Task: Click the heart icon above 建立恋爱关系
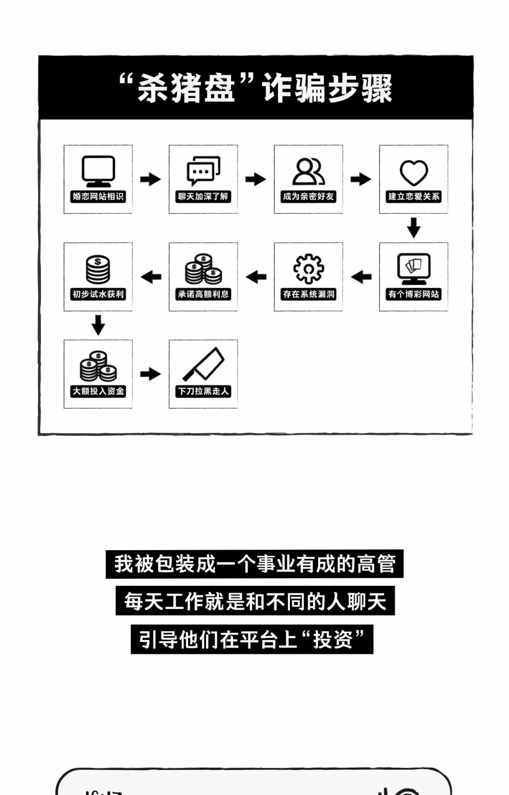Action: click(x=413, y=172)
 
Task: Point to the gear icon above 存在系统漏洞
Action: click(x=308, y=269)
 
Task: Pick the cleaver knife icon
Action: click(x=204, y=365)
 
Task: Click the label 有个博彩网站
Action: click(x=413, y=294)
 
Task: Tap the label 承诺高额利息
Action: click(x=203, y=294)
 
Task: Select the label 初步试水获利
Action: click(x=98, y=294)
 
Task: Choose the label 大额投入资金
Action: click(x=98, y=391)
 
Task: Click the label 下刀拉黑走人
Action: click(x=203, y=391)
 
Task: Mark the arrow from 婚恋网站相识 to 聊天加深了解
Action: click(x=150, y=179)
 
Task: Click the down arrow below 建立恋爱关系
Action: click(x=413, y=228)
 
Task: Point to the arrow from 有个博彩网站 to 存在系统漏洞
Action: click(x=361, y=276)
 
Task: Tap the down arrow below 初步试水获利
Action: click(x=98, y=325)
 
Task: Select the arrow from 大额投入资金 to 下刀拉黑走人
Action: click(x=150, y=374)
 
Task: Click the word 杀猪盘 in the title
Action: click(x=187, y=88)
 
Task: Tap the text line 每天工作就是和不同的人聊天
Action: click(x=255, y=601)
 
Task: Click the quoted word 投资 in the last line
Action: click(x=333, y=640)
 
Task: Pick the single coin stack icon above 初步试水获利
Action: click(x=98, y=269)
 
